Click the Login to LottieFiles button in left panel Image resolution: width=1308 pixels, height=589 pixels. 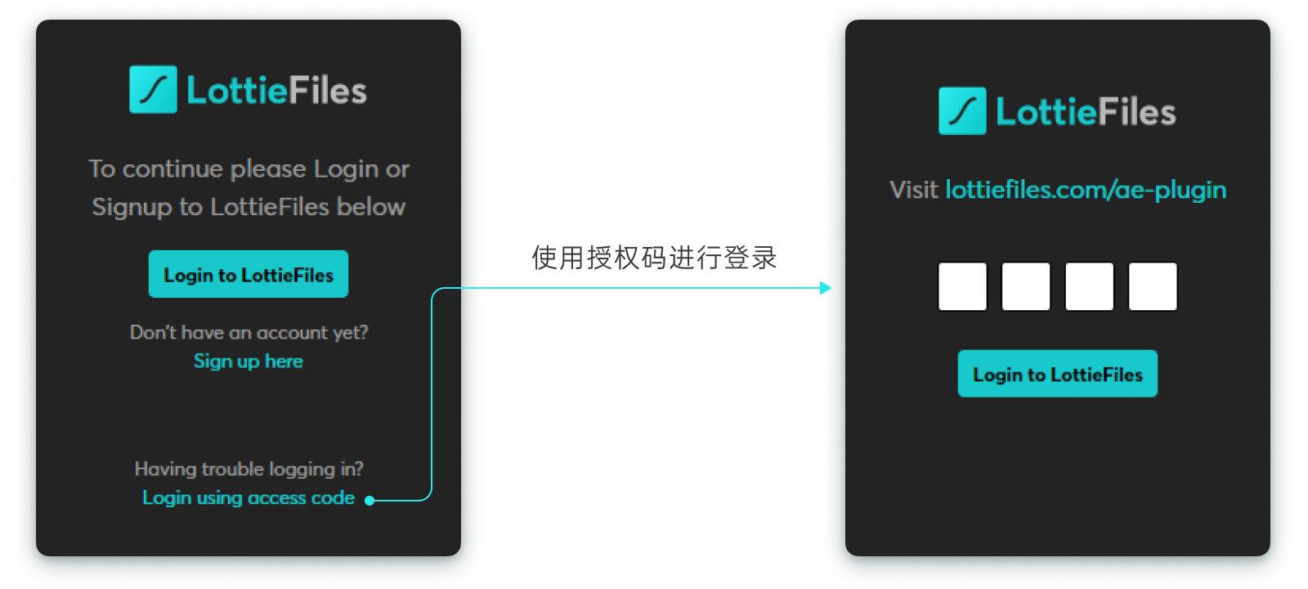[249, 275]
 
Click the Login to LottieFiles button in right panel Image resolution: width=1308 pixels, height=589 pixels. [1057, 374]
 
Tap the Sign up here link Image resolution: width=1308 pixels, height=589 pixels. [248, 361]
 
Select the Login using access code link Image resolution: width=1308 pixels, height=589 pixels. [248, 497]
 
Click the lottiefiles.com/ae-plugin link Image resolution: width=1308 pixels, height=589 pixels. [1085, 190]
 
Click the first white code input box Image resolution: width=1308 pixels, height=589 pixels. [962, 286]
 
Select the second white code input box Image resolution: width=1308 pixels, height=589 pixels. [1026, 286]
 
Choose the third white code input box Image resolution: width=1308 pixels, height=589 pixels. [1089, 286]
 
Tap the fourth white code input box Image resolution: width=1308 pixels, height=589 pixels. [1153, 286]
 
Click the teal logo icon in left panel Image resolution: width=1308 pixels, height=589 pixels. [153, 89]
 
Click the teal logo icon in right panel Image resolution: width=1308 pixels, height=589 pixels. [962, 110]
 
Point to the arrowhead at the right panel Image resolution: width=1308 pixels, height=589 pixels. [826, 288]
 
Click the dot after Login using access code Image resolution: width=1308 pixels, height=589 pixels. [370, 500]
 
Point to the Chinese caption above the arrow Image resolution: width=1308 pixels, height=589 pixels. [654, 258]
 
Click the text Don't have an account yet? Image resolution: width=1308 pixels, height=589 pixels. [249, 332]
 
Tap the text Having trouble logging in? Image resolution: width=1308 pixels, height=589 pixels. [249, 469]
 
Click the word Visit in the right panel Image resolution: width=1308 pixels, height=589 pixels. [913, 190]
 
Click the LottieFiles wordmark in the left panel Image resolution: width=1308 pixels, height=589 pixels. [276, 90]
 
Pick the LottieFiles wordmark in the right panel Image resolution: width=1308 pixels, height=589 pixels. [1085, 112]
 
